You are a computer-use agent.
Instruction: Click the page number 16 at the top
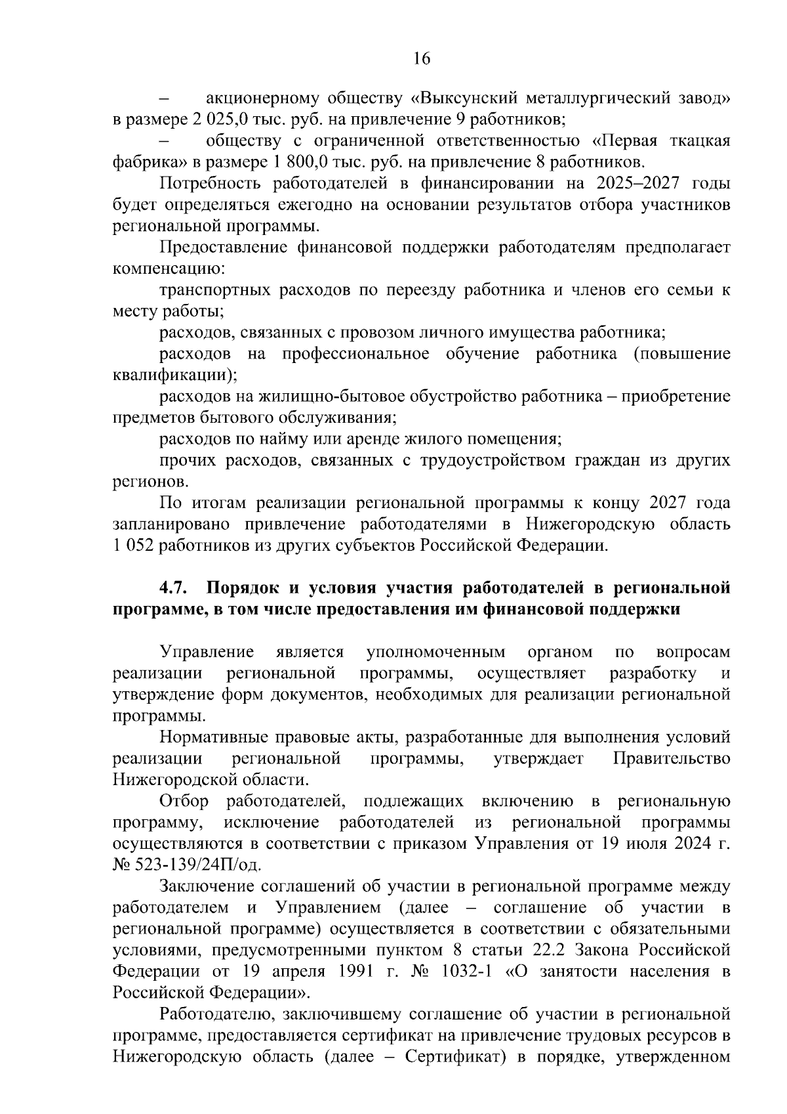(x=421, y=59)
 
